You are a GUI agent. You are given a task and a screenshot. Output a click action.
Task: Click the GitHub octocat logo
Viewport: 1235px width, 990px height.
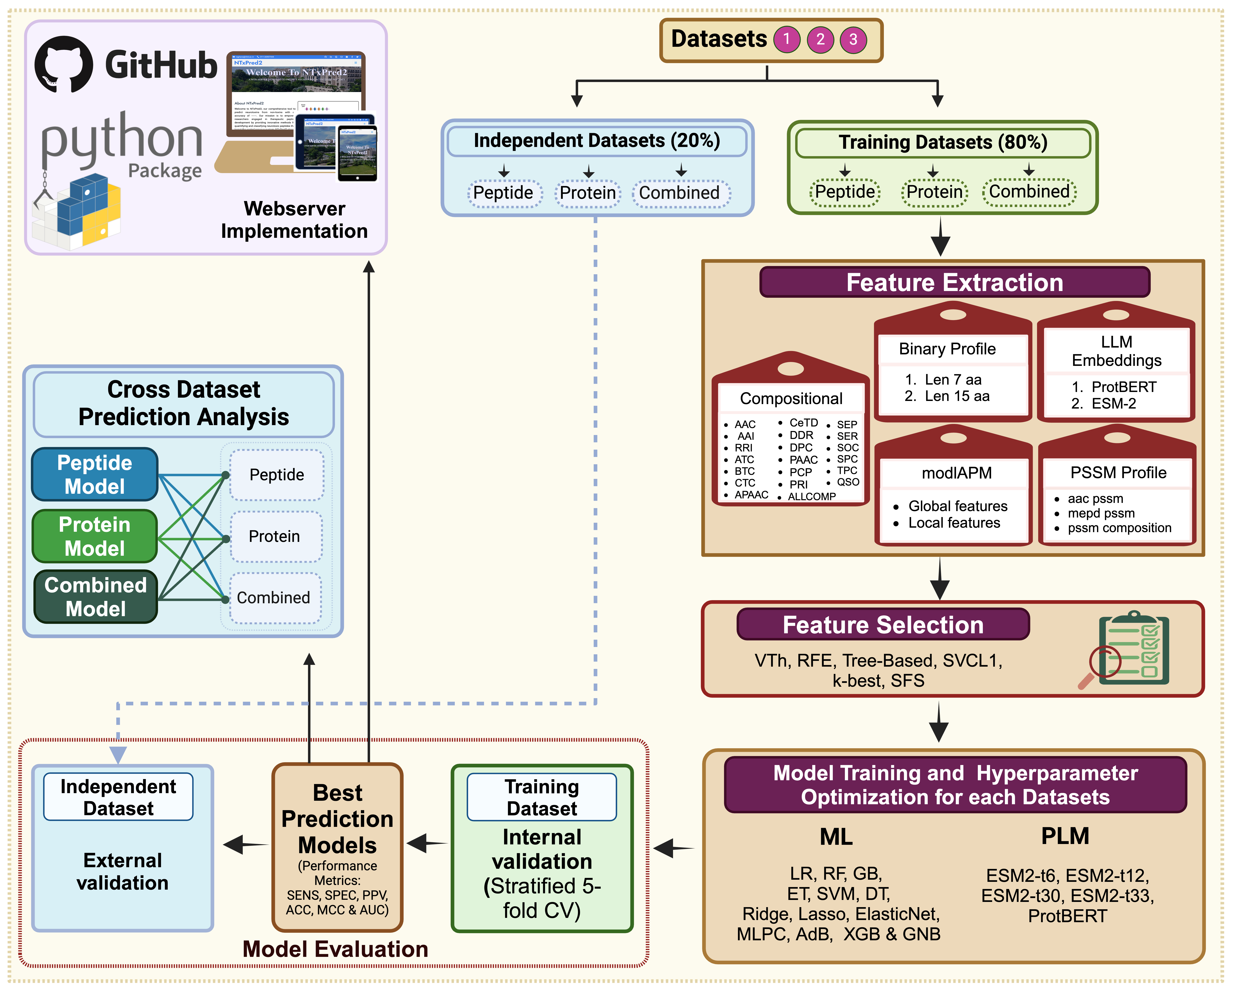tap(64, 64)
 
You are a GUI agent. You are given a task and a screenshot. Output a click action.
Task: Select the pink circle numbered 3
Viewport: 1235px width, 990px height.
tap(853, 40)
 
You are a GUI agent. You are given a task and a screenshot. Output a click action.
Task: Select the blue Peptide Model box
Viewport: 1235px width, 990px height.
tap(95, 474)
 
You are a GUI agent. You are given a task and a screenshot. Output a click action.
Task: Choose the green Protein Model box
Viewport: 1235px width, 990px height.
tap(95, 536)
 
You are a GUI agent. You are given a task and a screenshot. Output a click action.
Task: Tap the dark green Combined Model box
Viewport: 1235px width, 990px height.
tap(96, 597)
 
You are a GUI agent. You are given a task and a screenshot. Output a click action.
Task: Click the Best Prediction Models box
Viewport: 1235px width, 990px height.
tap(337, 847)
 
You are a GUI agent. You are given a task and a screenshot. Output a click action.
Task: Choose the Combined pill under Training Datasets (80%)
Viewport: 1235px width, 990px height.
tap(1029, 191)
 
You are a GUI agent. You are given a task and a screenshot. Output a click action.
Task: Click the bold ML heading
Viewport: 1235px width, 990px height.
tap(836, 837)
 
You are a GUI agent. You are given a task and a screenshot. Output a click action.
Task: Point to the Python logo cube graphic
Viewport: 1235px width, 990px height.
tap(80, 212)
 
